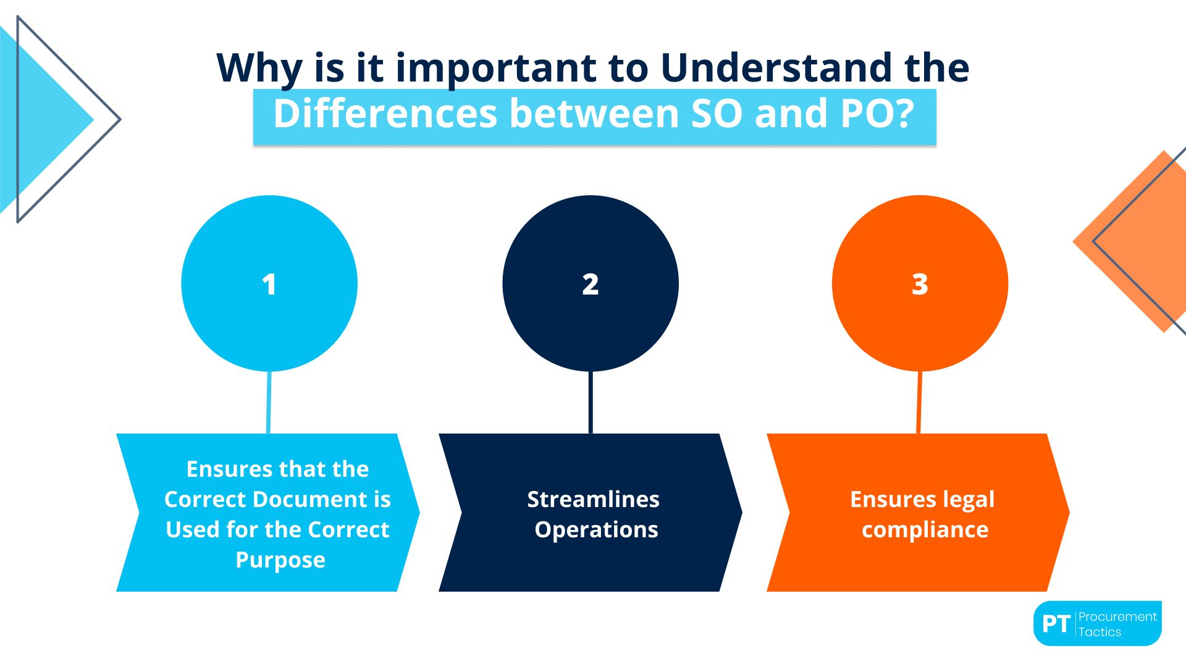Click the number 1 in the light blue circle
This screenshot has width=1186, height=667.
click(x=269, y=285)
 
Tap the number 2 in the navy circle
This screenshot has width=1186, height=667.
click(x=591, y=285)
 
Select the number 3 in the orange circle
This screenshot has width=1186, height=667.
click(x=920, y=285)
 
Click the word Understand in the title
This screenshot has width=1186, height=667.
click(x=776, y=68)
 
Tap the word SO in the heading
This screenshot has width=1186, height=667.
click(x=717, y=114)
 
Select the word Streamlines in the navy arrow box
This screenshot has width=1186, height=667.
click(x=593, y=499)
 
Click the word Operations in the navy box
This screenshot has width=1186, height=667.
click(x=596, y=529)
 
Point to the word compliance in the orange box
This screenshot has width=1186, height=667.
click(x=925, y=529)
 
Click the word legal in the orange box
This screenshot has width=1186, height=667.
click(x=968, y=499)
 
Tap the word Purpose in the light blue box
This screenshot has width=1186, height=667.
click(x=280, y=560)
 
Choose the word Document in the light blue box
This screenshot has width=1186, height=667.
click(x=308, y=499)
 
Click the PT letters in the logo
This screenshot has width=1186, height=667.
click(x=1056, y=624)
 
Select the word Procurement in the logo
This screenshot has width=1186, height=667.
click(x=1117, y=616)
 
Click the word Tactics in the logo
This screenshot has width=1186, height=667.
click(x=1100, y=632)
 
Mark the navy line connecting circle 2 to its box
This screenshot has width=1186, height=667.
click(x=591, y=402)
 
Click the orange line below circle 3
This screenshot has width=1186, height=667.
click(x=919, y=402)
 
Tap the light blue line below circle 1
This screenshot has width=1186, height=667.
click(x=269, y=402)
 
